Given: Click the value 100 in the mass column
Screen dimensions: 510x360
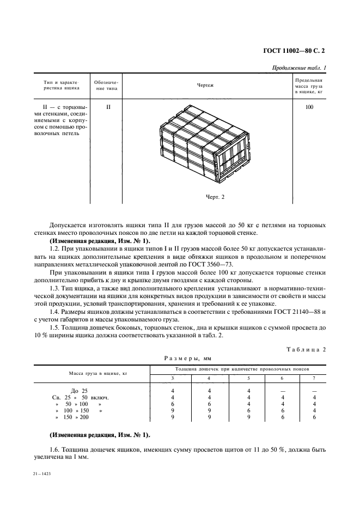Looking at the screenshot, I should coord(309,107).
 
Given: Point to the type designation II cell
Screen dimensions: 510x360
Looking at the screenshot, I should coord(108,107).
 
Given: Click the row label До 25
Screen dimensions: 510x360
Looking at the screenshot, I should coord(79,391).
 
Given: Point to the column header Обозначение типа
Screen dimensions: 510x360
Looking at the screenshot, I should coord(108,86).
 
